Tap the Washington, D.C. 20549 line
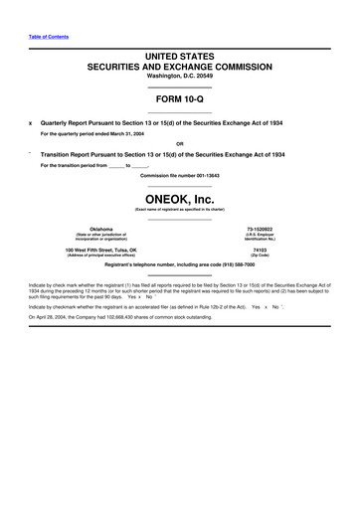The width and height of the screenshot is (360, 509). click(179, 77)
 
